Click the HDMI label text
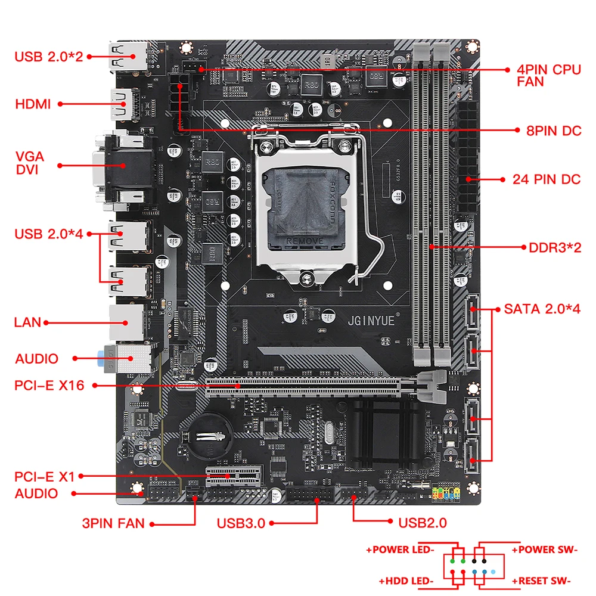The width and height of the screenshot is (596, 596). click(33, 104)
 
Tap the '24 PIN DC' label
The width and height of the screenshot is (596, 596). click(546, 179)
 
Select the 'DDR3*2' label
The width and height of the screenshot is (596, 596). click(554, 247)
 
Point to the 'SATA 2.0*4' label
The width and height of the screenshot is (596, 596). click(542, 309)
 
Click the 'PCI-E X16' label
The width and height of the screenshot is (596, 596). click(49, 386)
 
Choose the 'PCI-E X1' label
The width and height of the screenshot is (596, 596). click(45, 476)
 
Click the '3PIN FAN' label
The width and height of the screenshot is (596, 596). click(113, 524)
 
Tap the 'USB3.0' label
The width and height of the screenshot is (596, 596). click(241, 524)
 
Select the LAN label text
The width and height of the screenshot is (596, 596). click(27, 322)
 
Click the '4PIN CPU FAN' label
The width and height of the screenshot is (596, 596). click(548, 75)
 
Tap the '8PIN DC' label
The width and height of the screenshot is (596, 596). click(553, 131)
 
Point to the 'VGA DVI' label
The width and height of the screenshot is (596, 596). click(30, 163)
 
